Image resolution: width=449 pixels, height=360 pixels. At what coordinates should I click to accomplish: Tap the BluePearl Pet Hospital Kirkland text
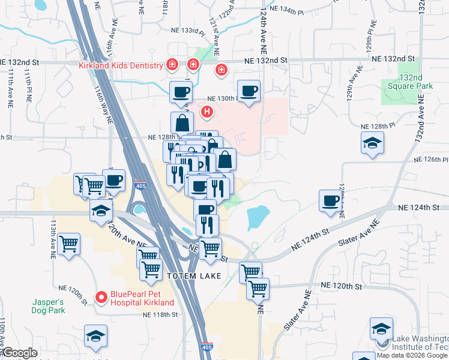click(142, 299)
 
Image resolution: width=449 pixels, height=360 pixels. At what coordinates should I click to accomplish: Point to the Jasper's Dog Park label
click(48, 306)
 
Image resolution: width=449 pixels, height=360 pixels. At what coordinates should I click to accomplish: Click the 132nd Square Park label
click(417, 82)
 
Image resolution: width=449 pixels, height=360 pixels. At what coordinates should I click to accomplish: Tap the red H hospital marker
click(207, 111)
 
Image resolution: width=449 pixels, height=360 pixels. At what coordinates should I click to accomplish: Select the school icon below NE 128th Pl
click(372, 143)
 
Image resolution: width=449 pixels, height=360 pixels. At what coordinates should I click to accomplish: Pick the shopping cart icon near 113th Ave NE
click(70, 244)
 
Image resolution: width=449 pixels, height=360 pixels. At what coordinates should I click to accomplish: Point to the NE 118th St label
click(160, 314)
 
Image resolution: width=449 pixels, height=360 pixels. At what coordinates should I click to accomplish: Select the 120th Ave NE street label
click(127, 236)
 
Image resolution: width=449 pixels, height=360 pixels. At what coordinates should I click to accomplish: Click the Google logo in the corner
click(20, 353)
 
